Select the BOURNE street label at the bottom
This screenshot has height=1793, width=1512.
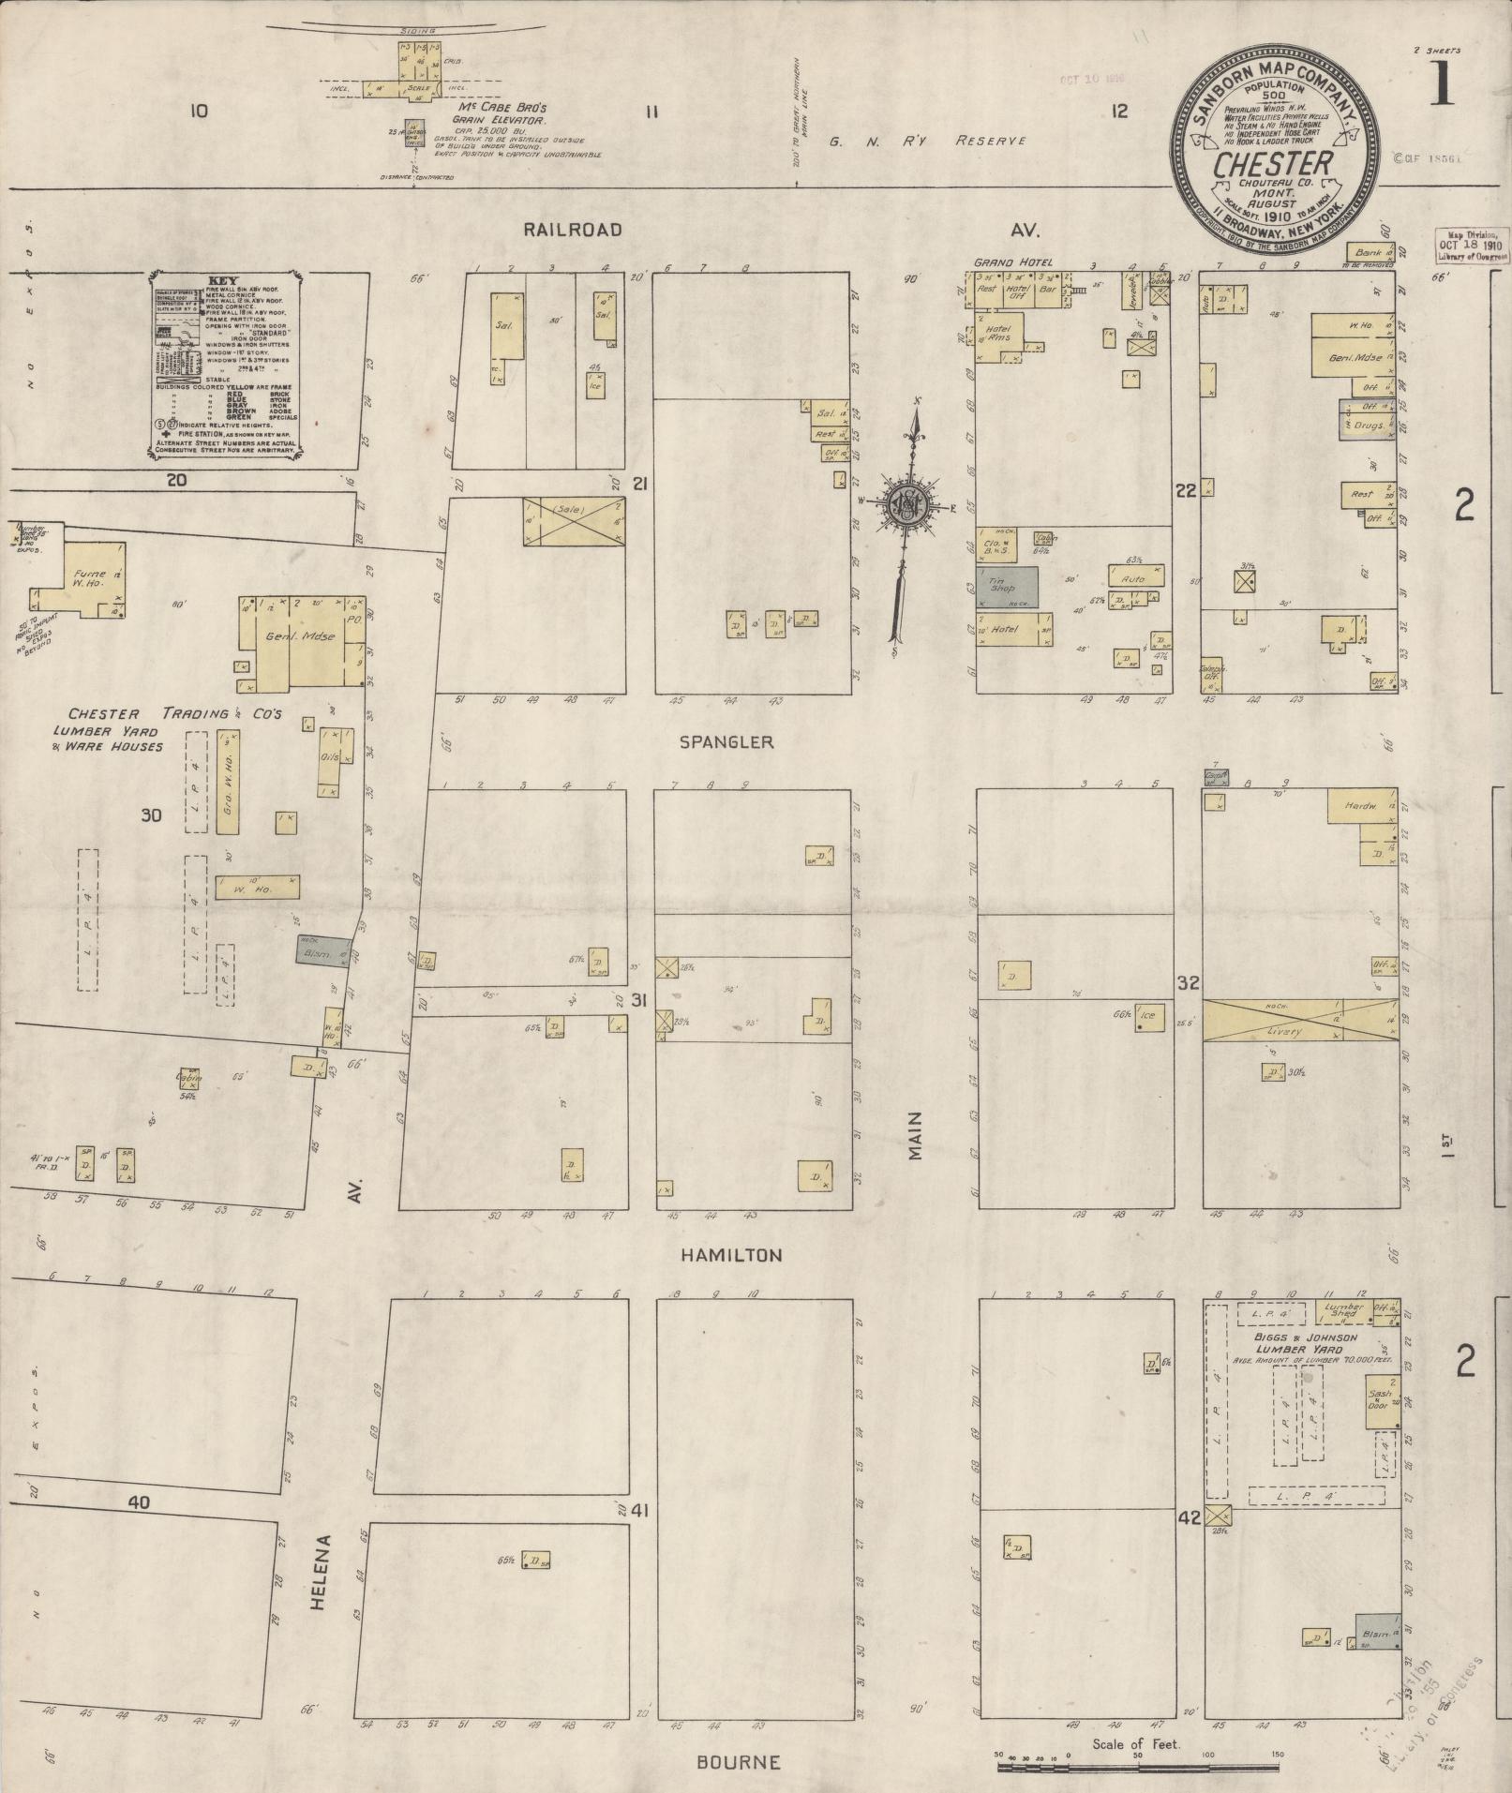[x=738, y=1762]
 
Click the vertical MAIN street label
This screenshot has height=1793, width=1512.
[x=915, y=1136]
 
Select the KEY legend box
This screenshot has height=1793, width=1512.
[x=225, y=366]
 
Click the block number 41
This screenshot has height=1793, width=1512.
[x=640, y=1511]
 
